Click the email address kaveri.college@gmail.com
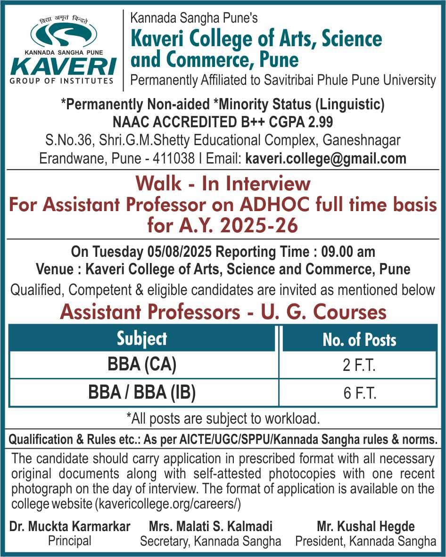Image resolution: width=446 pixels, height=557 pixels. [x=326, y=158]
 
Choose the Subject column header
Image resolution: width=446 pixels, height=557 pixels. [x=142, y=339]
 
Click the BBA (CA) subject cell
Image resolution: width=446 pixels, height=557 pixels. [x=142, y=365]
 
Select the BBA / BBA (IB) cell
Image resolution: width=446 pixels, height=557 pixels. [x=142, y=393]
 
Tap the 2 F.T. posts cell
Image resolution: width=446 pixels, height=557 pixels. [x=359, y=366]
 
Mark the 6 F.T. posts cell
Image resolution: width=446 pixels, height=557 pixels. [x=359, y=393]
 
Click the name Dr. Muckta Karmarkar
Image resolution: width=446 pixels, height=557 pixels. [x=70, y=526]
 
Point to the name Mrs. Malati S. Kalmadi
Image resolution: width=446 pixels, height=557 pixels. [x=211, y=526]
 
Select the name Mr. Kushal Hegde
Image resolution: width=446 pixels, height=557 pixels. [x=366, y=526]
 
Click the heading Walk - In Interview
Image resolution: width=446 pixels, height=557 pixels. [x=223, y=184]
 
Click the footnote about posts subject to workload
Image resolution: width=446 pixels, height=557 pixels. [x=223, y=418]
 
